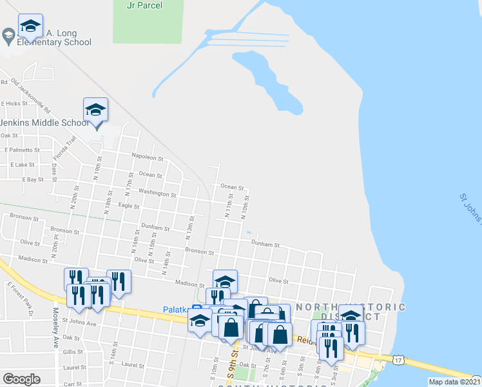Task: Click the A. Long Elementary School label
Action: (54, 37)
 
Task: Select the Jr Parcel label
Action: (145, 6)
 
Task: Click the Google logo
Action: (21, 379)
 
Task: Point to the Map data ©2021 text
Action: (454, 382)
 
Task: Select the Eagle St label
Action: (129, 206)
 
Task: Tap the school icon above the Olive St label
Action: (225, 281)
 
